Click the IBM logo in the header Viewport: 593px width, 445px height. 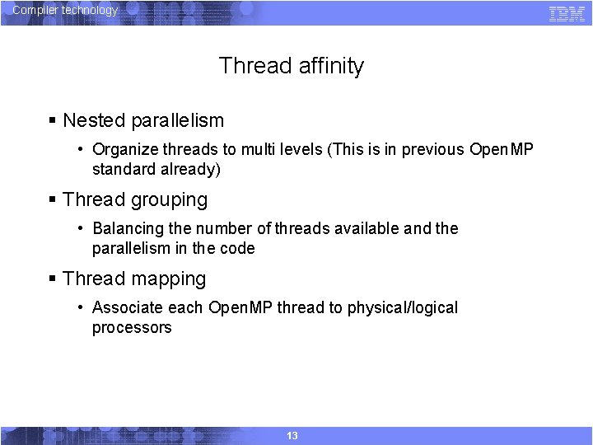pyautogui.click(x=567, y=13)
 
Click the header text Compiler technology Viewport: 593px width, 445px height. pyautogui.click(x=65, y=11)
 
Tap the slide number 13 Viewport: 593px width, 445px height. pyautogui.click(x=292, y=435)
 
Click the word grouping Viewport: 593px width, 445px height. pyautogui.click(x=169, y=200)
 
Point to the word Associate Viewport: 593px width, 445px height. pyautogui.click(x=126, y=307)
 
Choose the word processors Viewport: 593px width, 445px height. pyautogui.click(x=132, y=327)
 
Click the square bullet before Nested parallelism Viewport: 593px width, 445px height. pyautogui.click(x=52, y=121)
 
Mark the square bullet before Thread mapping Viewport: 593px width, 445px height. pyautogui.click(x=52, y=279)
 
